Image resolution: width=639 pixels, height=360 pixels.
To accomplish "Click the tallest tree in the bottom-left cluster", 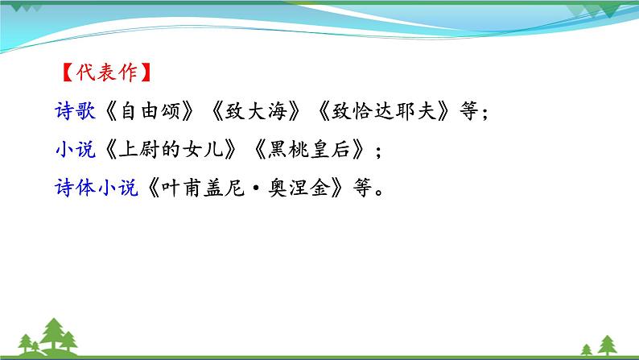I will (55, 333).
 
